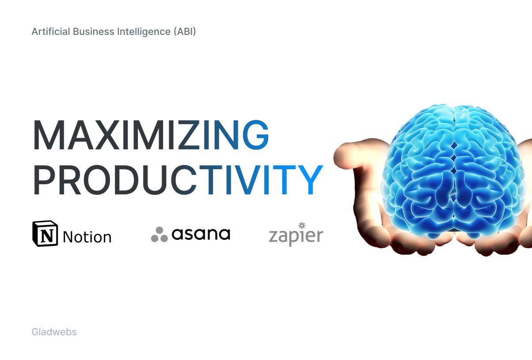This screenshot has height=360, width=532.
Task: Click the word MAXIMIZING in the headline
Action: click(x=151, y=135)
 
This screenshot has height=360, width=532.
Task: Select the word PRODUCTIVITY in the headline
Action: click(x=178, y=180)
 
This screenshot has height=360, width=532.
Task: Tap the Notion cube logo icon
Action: click(x=45, y=233)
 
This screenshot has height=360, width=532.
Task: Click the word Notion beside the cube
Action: click(x=87, y=237)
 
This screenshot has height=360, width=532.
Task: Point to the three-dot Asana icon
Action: click(x=160, y=235)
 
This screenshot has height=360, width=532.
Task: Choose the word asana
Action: click(x=201, y=234)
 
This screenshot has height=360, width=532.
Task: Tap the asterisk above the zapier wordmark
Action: click(x=302, y=225)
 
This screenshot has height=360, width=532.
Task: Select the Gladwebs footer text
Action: click(x=54, y=332)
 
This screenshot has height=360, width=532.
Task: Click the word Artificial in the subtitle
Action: click(x=51, y=32)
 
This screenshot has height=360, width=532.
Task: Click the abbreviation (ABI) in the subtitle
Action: click(x=185, y=32)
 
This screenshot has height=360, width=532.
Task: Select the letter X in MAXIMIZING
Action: click(x=107, y=135)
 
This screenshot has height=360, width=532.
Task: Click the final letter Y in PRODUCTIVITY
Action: click(x=310, y=180)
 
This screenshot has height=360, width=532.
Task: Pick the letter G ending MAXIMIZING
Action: click(x=255, y=135)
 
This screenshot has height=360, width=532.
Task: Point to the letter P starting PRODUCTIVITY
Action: click(x=45, y=180)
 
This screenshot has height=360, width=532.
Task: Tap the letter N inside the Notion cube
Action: click(x=47, y=235)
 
